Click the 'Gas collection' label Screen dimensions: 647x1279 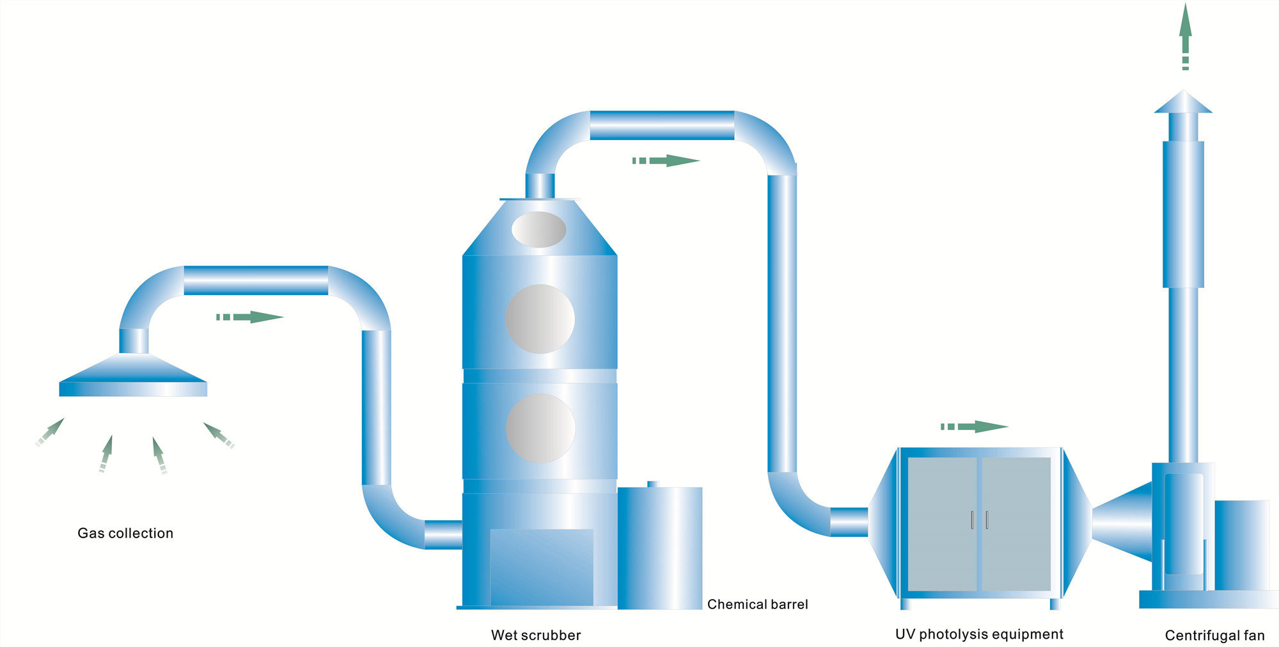tap(125, 533)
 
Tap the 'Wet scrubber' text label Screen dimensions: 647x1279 tap(536, 635)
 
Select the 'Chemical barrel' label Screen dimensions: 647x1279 tap(757, 604)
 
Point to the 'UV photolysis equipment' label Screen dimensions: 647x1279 tap(979, 634)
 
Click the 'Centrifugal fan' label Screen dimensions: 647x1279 tap(1214, 635)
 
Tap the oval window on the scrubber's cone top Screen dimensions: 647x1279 tap(538, 229)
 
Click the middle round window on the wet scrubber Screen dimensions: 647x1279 tap(540, 319)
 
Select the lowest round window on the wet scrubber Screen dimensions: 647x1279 tap(540, 428)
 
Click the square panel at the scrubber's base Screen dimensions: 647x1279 tap(541, 566)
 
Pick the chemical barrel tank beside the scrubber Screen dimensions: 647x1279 tap(660, 548)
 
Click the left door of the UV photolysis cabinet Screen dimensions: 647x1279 tap(942, 524)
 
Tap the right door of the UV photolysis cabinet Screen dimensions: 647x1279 tap(1016, 524)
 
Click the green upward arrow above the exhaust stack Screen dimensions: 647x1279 tap(1186, 35)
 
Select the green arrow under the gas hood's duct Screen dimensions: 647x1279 tap(250, 317)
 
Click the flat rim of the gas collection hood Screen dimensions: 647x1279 tap(133, 389)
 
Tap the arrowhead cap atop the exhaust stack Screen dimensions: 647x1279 tap(1183, 102)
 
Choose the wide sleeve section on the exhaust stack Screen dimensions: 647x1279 tap(1183, 214)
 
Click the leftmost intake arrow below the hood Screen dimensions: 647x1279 tap(50, 432)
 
